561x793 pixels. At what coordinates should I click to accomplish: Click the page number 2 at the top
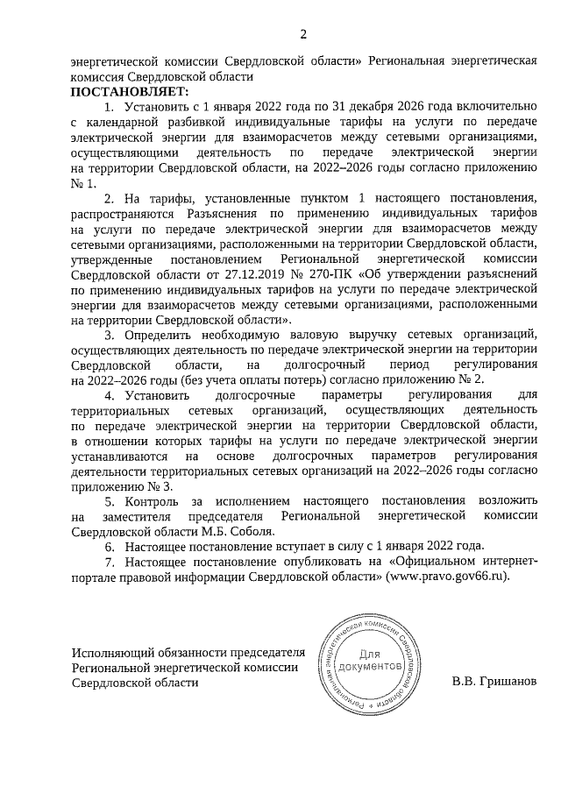(303, 34)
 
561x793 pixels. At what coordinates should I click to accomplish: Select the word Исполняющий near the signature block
(115, 653)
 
